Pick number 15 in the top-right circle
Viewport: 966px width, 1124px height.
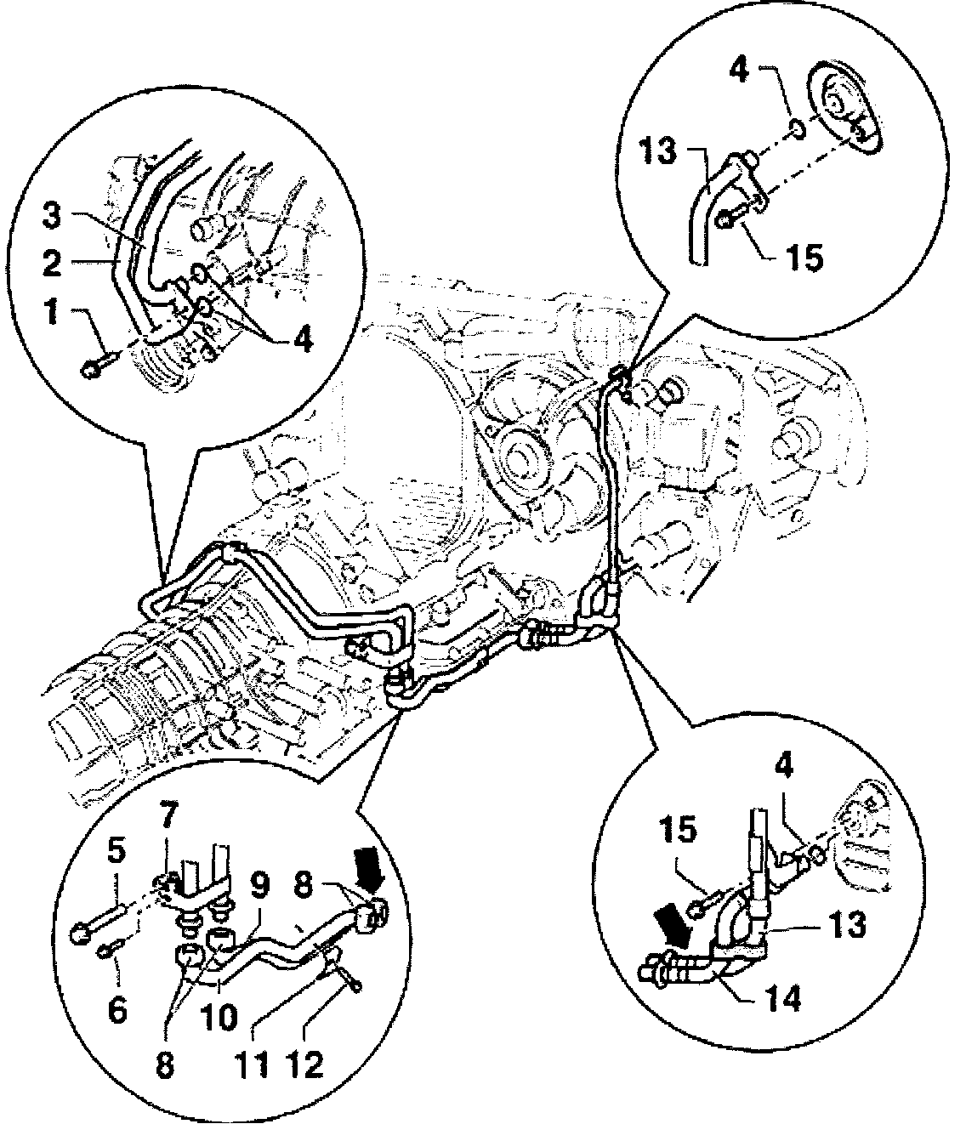804,257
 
